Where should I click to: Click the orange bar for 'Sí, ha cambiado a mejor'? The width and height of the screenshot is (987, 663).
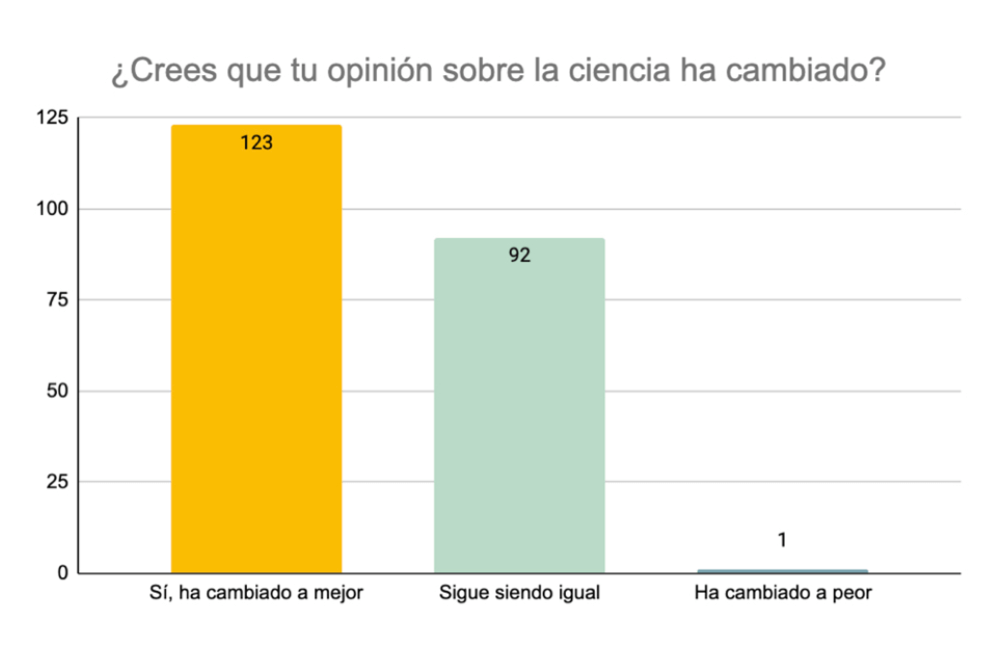(x=256, y=357)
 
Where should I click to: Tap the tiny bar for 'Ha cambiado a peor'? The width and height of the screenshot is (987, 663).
(x=783, y=570)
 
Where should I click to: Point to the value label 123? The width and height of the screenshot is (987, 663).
(x=256, y=144)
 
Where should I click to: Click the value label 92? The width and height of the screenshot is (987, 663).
(x=520, y=256)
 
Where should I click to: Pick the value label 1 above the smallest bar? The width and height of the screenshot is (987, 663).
(x=783, y=541)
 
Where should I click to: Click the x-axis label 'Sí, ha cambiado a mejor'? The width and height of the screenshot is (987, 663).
(x=256, y=594)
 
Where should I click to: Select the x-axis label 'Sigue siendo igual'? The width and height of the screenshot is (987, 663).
(x=520, y=594)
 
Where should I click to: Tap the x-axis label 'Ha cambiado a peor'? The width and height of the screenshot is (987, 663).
(x=783, y=594)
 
